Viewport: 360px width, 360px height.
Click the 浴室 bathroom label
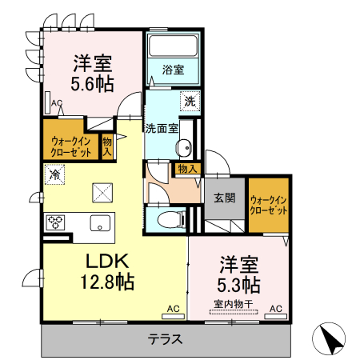tap(173, 70)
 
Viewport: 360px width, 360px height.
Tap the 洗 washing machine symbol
tap(190, 102)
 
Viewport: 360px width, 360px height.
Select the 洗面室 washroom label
tap(162, 127)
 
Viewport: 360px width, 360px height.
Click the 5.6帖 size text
tap(94, 82)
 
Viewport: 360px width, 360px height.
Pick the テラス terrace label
tap(166, 338)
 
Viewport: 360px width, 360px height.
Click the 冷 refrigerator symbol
tap(55, 173)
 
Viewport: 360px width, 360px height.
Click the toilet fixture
tap(166, 218)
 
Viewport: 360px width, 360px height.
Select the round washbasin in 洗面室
tap(183, 147)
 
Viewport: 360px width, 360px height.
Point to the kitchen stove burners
tap(55, 222)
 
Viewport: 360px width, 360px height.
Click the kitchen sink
tap(100, 222)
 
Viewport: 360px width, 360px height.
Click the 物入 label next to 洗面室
tap(187, 169)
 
